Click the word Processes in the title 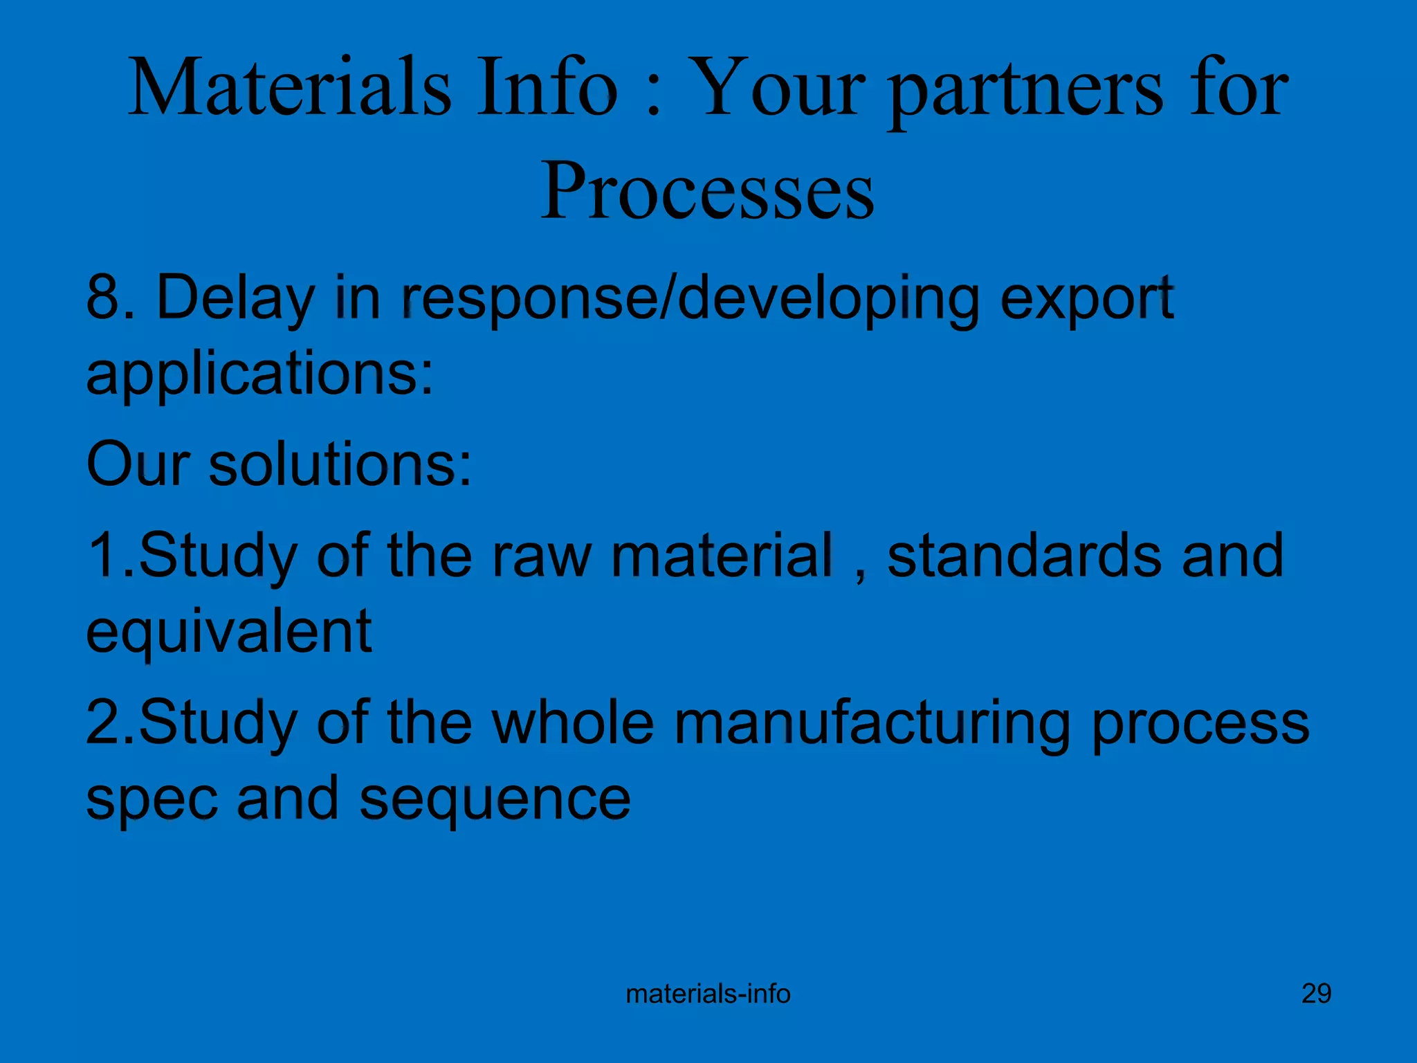pyautogui.click(x=707, y=190)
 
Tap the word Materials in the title pyautogui.click(x=289, y=88)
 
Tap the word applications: pyautogui.click(x=259, y=374)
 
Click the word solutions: pyautogui.click(x=340, y=464)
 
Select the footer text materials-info pyautogui.click(x=708, y=994)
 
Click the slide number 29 pyautogui.click(x=1316, y=994)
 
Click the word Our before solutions pyautogui.click(x=137, y=464)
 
